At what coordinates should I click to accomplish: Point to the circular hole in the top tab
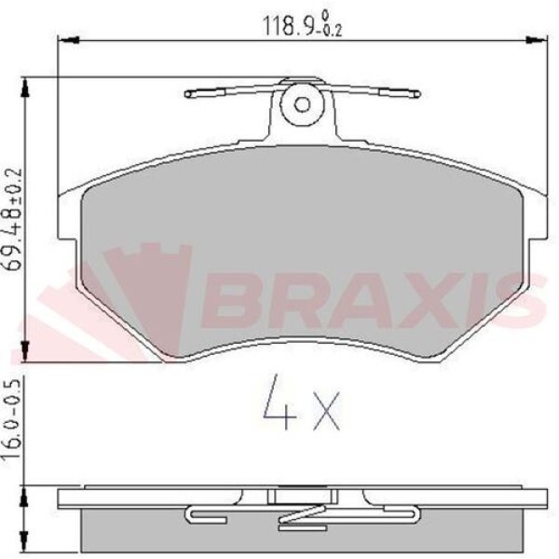tap(302, 102)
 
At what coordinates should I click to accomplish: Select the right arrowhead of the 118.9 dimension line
tap(537, 40)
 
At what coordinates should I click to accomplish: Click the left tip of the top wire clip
tap(188, 93)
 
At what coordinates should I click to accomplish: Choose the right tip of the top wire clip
tap(416, 93)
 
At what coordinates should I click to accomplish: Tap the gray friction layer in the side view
tap(140, 531)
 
